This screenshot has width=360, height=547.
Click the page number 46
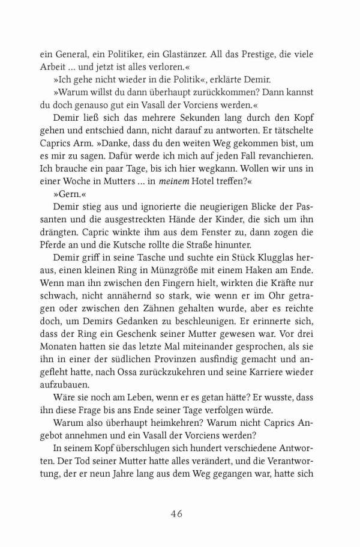pyautogui.click(x=176, y=513)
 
